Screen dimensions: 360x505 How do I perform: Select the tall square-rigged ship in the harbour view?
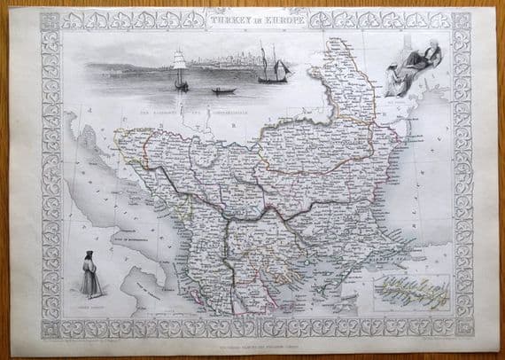[x=181, y=70]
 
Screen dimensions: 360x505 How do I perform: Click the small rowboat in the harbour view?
[x=224, y=90]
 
